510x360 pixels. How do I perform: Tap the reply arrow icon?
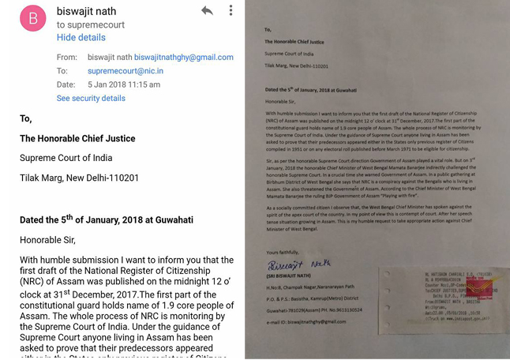tap(207, 10)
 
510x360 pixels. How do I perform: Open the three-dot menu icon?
tap(231, 10)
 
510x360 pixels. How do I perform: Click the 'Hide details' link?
tap(81, 37)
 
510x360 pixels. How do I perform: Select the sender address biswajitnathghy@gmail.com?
tap(183, 58)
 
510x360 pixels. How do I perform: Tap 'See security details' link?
tap(91, 99)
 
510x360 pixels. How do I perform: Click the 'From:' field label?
tap(67, 58)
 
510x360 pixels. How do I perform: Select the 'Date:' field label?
tap(66, 84)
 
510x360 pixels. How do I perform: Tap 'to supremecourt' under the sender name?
tap(92, 25)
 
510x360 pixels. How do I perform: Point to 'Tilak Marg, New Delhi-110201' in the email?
tap(79, 178)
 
